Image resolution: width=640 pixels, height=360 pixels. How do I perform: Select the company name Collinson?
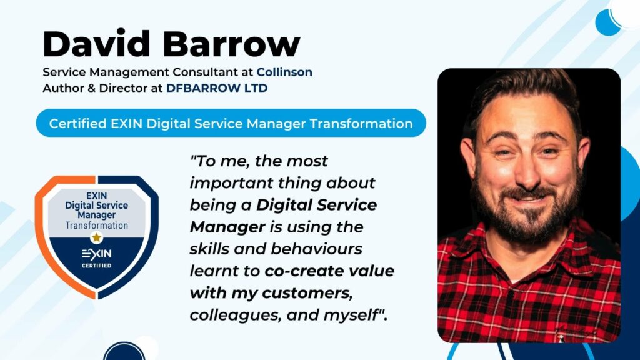pos(284,72)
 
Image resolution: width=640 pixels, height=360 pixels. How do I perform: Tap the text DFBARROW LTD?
pos(217,88)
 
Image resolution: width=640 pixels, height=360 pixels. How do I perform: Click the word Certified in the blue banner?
pos(77,123)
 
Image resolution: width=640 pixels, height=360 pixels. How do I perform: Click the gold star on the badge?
pos(96,237)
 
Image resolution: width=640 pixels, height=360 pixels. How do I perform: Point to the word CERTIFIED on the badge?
pos(96,266)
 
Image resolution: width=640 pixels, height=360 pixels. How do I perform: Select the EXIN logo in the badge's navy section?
pos(96,254)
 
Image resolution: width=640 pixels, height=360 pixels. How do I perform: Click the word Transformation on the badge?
pos(96,226)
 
